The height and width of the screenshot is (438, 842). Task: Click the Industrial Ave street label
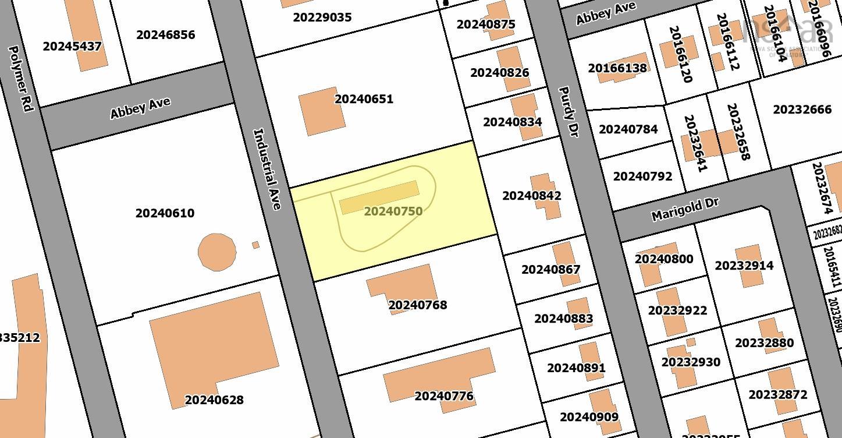coord(268,169)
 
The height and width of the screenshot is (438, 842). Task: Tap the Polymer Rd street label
coord(22,78)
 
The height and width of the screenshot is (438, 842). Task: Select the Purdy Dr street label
coord(569,111)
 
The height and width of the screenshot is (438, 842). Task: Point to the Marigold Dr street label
coord(685,209)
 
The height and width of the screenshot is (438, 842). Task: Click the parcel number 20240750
coord(393,211)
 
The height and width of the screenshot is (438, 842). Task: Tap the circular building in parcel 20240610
coord(217,252)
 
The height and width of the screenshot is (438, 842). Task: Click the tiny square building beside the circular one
coord(255,245)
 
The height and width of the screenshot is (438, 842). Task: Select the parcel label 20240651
coord(364,99)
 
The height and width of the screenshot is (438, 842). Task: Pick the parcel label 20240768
coord(417,305)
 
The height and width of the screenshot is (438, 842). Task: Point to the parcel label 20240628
coord(214,400)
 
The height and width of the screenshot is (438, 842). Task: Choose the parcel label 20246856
coord(165,35)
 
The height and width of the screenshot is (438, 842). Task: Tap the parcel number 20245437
coord(72,46)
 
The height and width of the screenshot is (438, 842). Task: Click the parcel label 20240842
coord(531,196)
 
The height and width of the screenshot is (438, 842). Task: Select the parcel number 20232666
coord(802,110)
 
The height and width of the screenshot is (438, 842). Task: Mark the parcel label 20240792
coord(642,176)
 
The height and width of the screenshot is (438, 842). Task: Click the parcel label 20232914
coord(744,266)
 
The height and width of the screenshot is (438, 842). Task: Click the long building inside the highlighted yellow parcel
coord(379,197)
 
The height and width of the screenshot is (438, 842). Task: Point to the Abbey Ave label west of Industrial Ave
coord(140,108)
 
